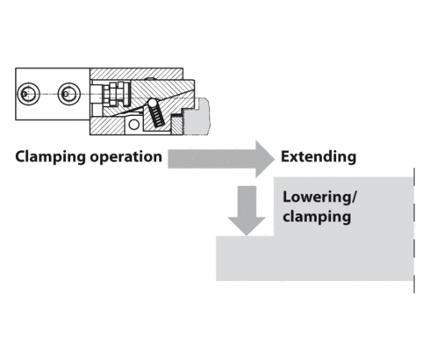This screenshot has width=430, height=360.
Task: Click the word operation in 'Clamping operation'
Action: click(x=126, y=158)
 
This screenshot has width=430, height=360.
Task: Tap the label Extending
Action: click(x=318, y=158)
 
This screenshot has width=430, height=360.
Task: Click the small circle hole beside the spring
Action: click(x=133, y=123)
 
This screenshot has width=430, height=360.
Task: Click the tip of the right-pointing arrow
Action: click(x=272, y=158)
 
